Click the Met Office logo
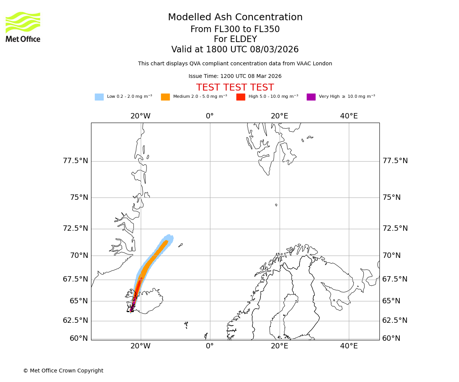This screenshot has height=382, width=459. tap(23, 27)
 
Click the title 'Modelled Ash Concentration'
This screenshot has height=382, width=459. tap(235, 18)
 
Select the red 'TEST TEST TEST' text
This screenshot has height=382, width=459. tap(235, 87)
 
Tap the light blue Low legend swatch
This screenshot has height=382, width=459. tap(99, 97)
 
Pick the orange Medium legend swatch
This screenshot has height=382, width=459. tap(165, 97)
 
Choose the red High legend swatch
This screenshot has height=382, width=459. tap(241, 97)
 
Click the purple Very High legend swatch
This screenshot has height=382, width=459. tap(311, 97)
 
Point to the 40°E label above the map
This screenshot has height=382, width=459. tap(349, 116)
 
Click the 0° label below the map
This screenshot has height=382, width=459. tap(210, 346)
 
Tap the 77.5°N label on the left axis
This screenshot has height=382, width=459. tap(75, 161)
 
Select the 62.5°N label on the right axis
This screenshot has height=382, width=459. tap(395, 320)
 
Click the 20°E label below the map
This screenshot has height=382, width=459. tap(280, 346)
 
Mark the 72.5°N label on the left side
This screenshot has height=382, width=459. tap(75, 228)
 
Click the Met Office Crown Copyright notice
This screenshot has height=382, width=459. tap(63, 371)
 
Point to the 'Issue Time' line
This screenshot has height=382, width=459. tap(235, 76)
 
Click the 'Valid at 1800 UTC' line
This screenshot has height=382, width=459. tap(235, 50)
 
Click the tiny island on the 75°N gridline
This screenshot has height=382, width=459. tap(276, 205)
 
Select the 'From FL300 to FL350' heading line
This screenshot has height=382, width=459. tap(235, 29)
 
